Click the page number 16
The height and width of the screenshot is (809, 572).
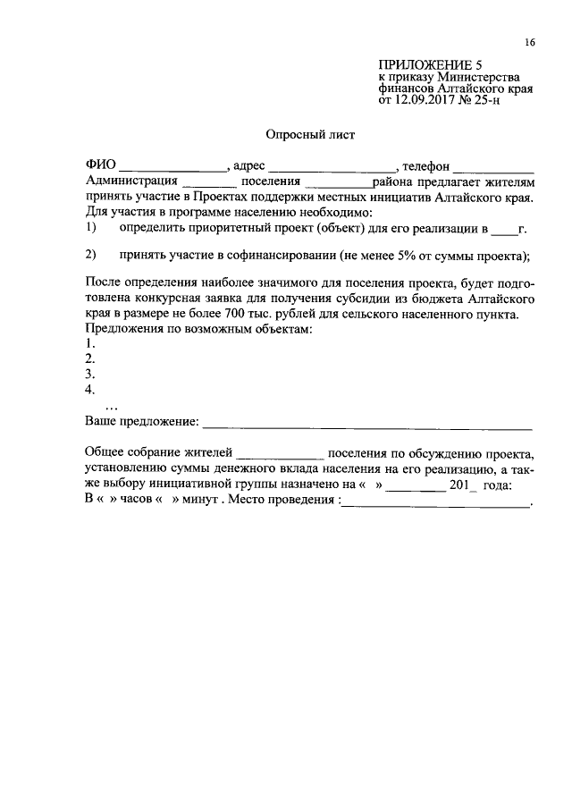(530, 42)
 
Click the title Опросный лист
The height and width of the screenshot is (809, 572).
(310, 135)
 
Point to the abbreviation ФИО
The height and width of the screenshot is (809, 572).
(100, 165)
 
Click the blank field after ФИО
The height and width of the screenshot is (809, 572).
(172, 168)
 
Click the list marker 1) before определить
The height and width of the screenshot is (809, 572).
(90, 228)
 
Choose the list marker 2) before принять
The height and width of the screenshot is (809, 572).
(90, 255)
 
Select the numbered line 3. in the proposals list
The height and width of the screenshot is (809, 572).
(89, 374)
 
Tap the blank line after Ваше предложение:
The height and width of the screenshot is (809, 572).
(367, 423)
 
